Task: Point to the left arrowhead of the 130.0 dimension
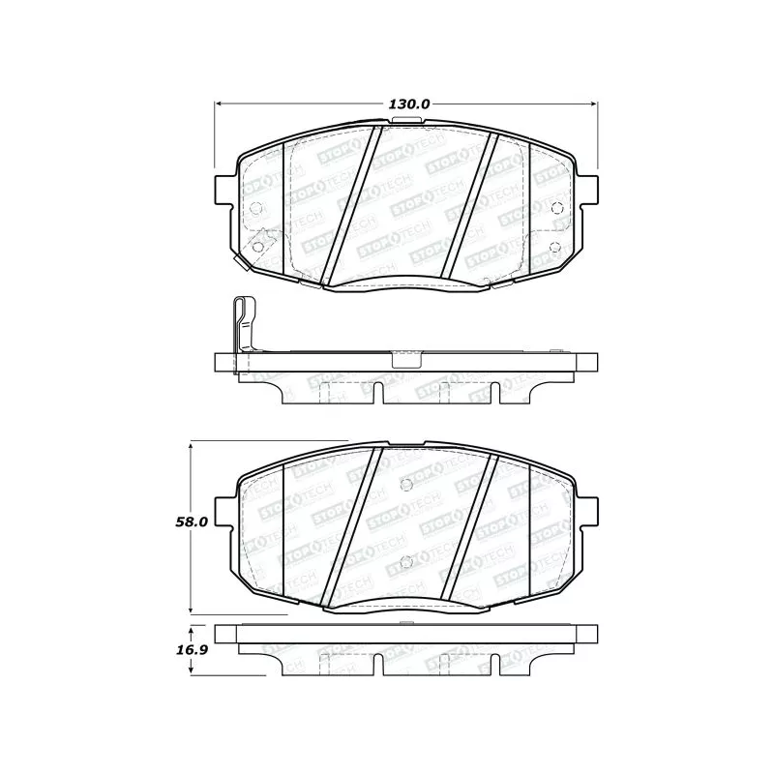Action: pos(218,104)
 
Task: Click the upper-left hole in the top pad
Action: pos(255,209)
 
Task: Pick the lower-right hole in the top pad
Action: pos(555,246)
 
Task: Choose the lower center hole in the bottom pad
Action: pos(405,560)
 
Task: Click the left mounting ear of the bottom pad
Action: pos(224,507)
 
